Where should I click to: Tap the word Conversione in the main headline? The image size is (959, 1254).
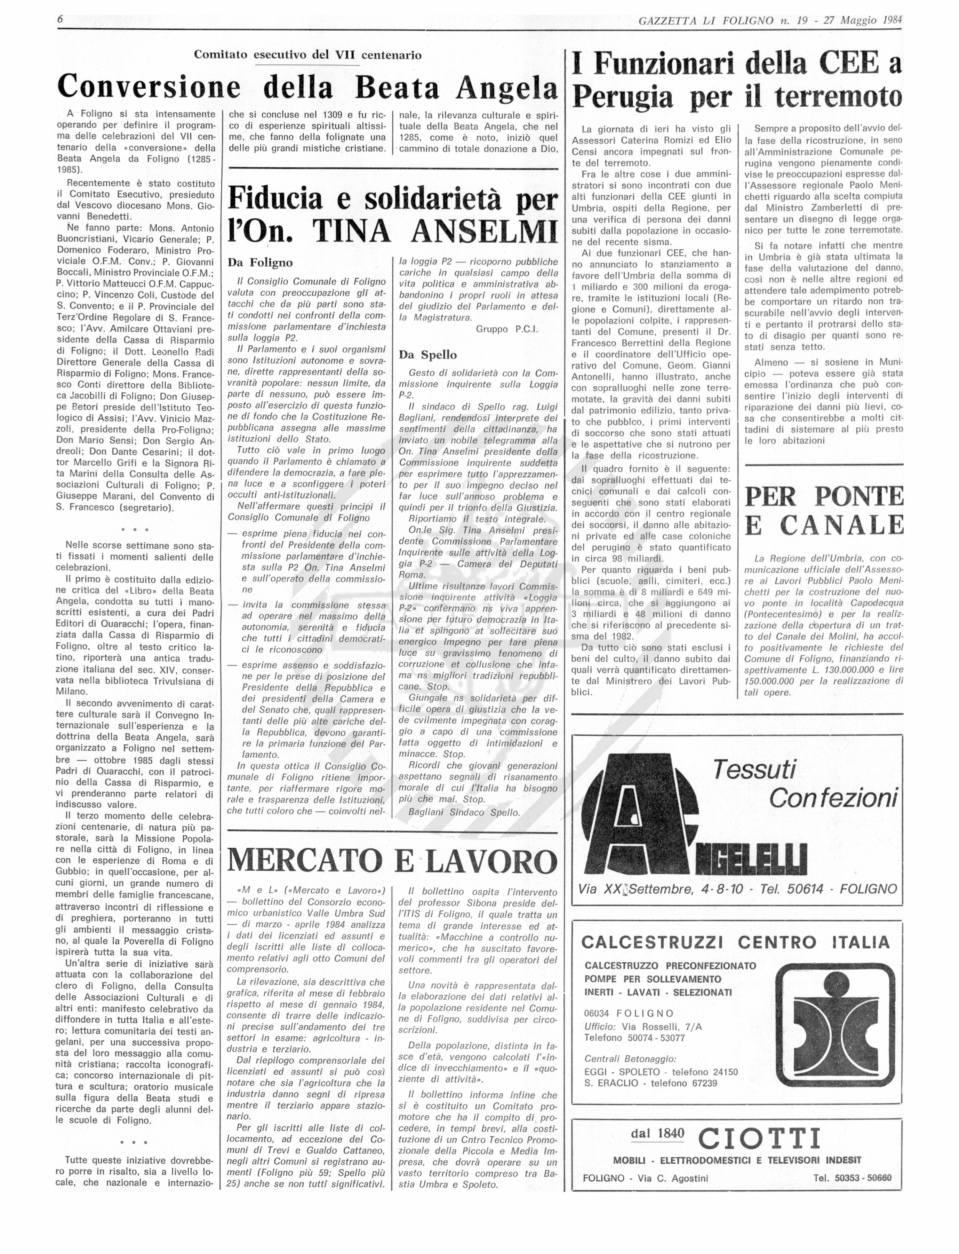coord(148,88)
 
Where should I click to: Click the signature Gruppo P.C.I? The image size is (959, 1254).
coord(507,329)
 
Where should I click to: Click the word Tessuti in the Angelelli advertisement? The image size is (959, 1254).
coord(754,770)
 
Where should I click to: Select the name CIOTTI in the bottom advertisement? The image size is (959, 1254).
coord(759,1137)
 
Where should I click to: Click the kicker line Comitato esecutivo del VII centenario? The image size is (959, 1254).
coord(308,55)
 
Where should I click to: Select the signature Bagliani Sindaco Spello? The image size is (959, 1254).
coord(463,812)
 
